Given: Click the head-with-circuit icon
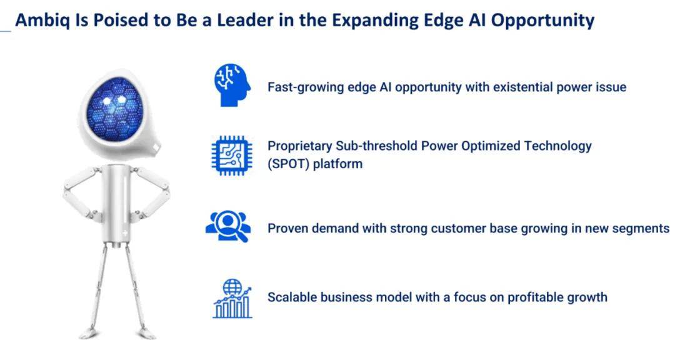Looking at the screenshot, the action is pyautogui.click(x=232, y=85).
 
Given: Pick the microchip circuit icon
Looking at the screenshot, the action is pyautogui.click(x=232, y=155).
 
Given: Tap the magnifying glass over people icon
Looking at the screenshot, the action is pyautogui.click(x=228, y=227).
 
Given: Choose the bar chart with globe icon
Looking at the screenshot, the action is pyautogui.click(x=232, y=298).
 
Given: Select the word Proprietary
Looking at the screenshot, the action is pyautogui.click(x=299, y=146).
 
